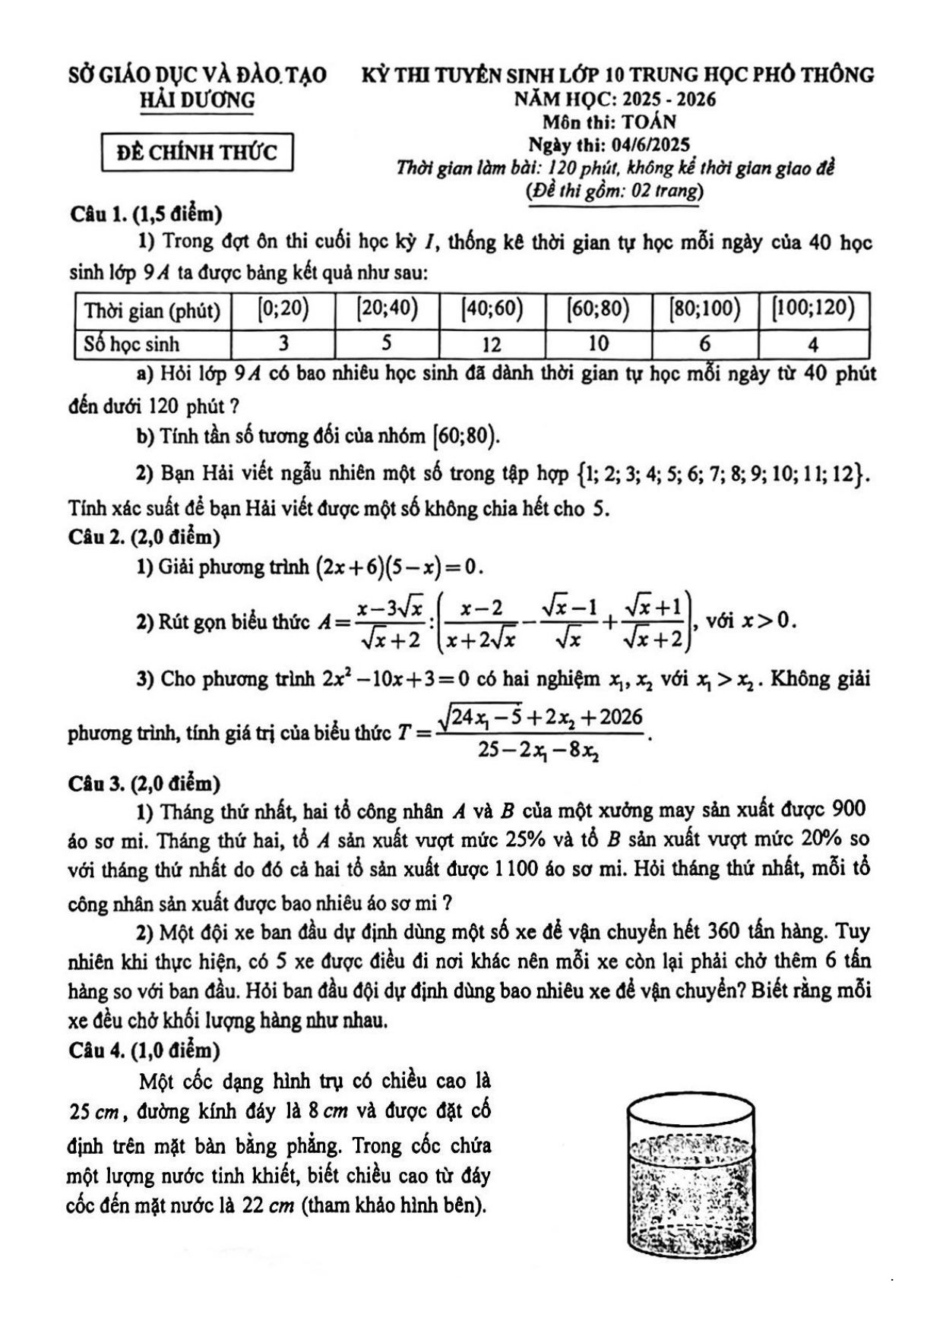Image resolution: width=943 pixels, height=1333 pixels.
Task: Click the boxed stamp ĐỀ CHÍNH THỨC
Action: pos(197,152)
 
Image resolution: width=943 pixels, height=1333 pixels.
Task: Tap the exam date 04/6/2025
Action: pos(647,144)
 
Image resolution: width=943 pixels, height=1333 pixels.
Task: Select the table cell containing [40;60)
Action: pos(492,309)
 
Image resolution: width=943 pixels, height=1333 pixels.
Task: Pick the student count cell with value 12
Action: pos(492,345)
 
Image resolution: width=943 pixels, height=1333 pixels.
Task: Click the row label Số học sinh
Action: pos(131,345)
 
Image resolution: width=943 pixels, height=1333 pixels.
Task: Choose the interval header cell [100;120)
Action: pos(813,309)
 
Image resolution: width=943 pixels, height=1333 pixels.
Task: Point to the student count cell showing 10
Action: pos(599,344)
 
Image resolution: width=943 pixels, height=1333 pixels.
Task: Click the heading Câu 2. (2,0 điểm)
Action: pos(144,538)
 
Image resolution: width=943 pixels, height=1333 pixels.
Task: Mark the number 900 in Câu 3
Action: pos(849,809)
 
